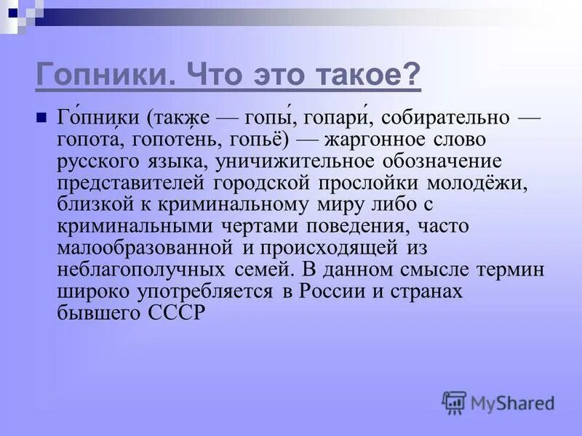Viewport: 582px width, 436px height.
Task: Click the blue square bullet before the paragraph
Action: (x=41, y=117)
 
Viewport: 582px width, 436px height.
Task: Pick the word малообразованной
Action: (x=144, y=248)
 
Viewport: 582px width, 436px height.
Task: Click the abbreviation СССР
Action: (x=178, y=313)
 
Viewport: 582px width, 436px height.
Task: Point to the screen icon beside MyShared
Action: (x=454, y=402)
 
